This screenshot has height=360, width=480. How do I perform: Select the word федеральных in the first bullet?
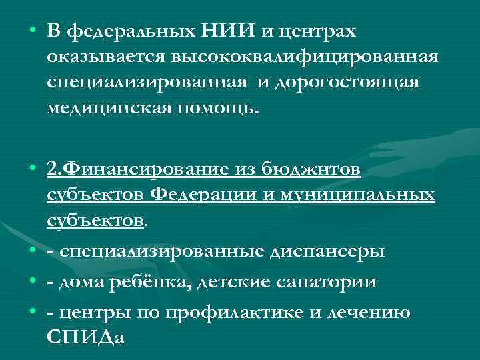(131, 32)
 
